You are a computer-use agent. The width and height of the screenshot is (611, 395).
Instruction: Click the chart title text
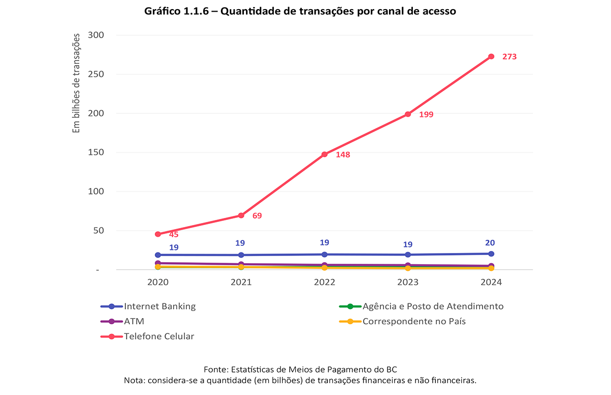(x=300, y=11)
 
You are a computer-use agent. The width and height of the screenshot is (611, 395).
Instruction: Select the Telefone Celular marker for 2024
(x=491, y=57)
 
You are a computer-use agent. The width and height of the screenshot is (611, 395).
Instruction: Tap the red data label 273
(x=509, y=57)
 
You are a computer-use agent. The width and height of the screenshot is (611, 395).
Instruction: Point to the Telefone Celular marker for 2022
(x=324, y=154)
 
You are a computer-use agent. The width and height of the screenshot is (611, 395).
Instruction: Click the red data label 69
(x=257, y=216)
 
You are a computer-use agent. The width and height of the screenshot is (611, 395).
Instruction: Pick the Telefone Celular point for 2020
(x=158, y=234)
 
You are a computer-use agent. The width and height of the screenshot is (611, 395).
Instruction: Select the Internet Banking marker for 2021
(x=241, y=255)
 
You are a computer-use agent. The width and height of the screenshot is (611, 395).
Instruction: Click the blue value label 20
(x=490, y=243)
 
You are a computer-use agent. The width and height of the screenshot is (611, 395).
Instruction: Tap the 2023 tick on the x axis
(x=407, y=283)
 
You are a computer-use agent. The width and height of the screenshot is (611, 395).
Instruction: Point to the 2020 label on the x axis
(x=158, y=283)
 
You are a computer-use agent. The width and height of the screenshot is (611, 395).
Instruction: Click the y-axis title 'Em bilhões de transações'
(x=77, y=83)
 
